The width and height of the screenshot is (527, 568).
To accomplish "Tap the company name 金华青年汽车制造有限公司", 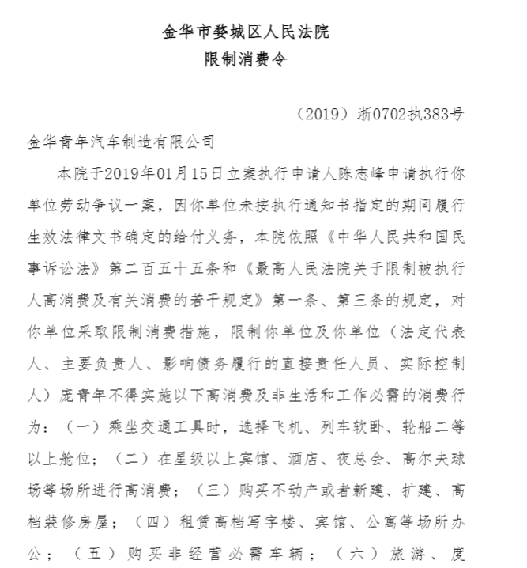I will point(120,142).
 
